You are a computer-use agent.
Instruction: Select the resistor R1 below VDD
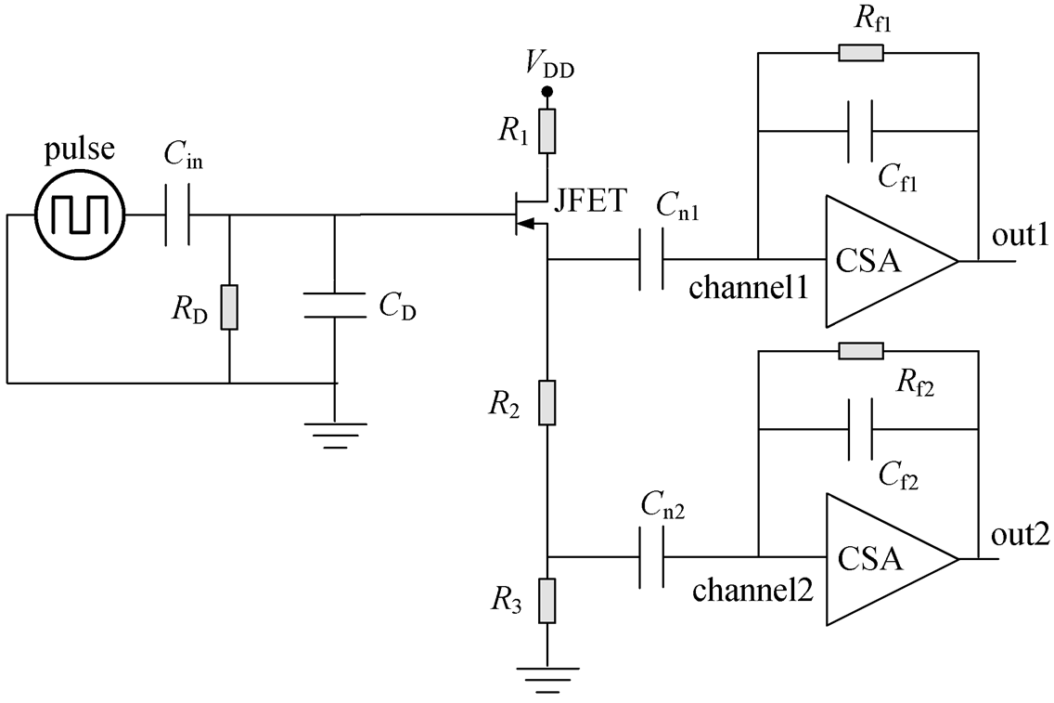(x=547, y=131)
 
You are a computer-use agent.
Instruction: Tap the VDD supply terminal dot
(x=547, y=92)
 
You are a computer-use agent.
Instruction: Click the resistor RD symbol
(x=229, y=307)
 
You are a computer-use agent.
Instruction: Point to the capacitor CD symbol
(x=335, y=305)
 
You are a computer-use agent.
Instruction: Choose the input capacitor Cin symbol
(x=177, y=215)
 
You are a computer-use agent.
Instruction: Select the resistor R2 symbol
(x=547, y=402)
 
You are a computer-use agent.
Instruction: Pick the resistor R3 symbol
(x=547, y=600)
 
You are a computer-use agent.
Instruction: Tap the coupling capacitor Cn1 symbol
(x=650, y=259)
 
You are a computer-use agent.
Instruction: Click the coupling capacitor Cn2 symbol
(x=650, y=557)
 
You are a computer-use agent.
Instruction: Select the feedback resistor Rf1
(x=861, y=53)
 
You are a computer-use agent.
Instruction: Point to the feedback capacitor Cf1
(x=860, y=131)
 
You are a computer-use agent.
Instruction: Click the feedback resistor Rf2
(x=861, y=350)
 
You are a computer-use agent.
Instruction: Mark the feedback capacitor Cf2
(x=860, y=428)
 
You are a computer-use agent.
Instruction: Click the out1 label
(x=1020, y=236)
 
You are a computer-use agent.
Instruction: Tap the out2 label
(x=1020, y=535)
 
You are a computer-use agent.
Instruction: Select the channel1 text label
(x=748, y=288)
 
